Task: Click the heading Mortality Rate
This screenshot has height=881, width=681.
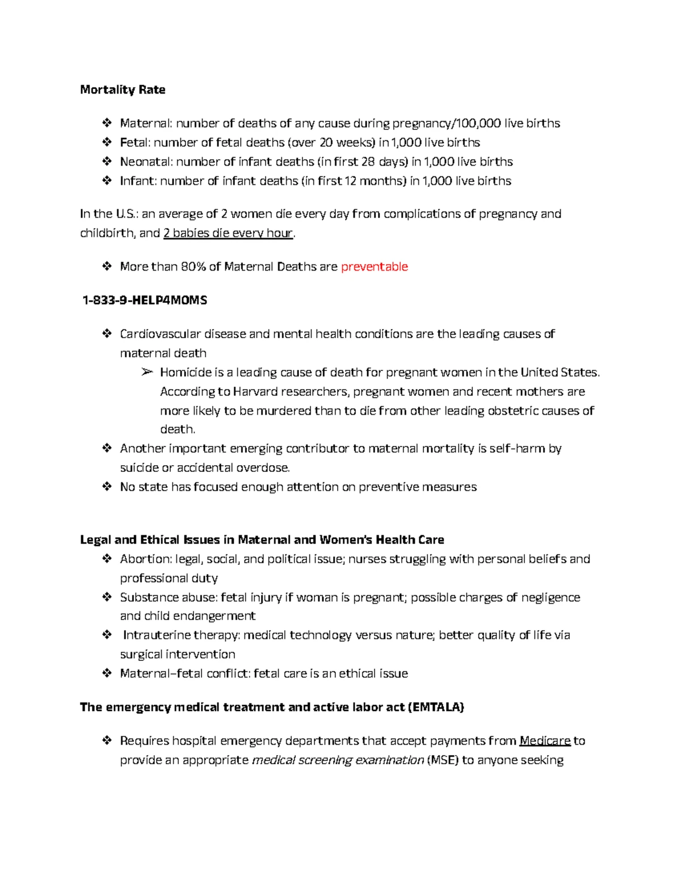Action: coord(123,90)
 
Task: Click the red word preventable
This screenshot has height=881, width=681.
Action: coord(374,267)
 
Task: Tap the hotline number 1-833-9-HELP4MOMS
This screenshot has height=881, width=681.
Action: coord(145,300)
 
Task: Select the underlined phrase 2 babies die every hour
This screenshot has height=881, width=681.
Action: coord(228,233)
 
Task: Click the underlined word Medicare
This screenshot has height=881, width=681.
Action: coord(545,741)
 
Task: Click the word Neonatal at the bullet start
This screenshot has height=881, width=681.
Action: coord(145,162)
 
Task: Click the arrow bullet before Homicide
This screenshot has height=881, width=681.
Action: coord(147,372)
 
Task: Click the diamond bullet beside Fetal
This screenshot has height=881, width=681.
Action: coord(107,142)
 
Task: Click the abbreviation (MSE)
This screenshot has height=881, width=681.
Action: coord(443,760)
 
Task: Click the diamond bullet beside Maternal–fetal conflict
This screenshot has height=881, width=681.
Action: coord(107,673)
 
